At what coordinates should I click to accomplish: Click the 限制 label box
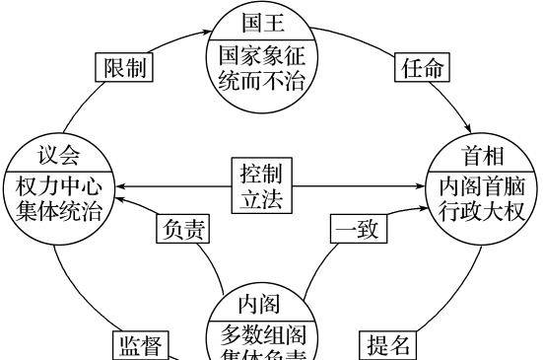click(125, 68)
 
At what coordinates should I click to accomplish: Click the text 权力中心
click(57, 185)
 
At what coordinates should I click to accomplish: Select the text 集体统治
click(57, 209)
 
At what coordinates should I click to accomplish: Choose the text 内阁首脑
click(483, 185)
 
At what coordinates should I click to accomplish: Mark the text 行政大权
click(483, 209)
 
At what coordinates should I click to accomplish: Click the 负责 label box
click(182, 229)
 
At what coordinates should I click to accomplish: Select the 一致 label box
click(358, 229)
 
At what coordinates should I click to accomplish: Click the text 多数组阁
click(261, 333)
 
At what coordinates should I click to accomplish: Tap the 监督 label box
click(140, 345)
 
